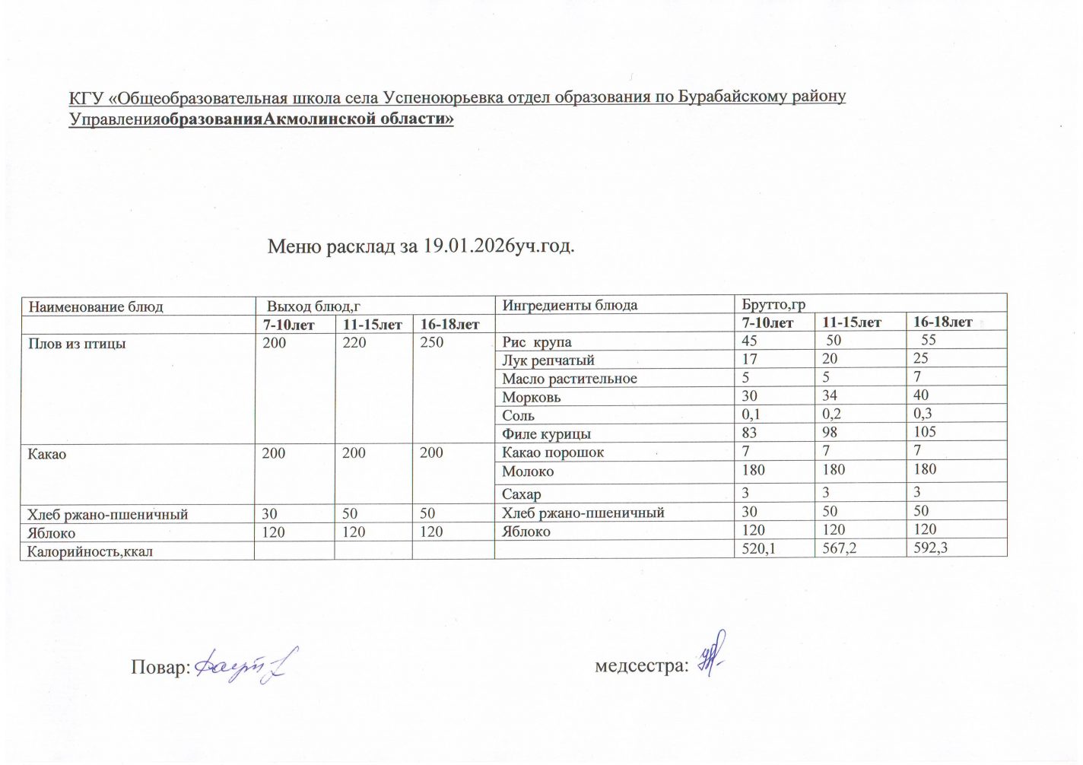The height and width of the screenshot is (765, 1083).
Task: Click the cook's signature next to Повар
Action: click(x=245, y=666)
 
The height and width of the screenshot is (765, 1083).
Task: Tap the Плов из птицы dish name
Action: click(x=77, y=344)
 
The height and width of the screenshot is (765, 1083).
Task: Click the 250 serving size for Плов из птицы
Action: click(x=431, y=343)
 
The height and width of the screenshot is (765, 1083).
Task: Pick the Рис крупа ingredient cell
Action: click(x=537, y=342)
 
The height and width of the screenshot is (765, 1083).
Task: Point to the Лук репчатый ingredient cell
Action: click(x=548, y=360)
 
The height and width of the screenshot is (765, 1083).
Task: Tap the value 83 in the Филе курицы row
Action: click(x=750, y=432)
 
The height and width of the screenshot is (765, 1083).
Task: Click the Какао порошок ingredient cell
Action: click(x=553, y=452)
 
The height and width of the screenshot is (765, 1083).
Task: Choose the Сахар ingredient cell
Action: click(x=522, y=494)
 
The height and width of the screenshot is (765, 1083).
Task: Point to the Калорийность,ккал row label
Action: click(x=90, y=551)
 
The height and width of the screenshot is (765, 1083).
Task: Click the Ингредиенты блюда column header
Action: click(x=570, y=306)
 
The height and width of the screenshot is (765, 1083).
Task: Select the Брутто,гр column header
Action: click(x=773, y=305)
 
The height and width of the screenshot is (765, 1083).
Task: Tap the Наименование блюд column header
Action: click(x=96, y=307)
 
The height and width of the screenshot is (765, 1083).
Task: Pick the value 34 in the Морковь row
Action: click(x=830, y=395)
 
